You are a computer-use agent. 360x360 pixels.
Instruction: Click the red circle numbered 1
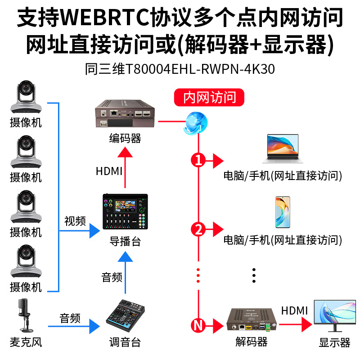[198, 160]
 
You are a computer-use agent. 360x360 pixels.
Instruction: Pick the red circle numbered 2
[198, 229]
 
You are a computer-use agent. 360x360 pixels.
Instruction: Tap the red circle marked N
[198, 324]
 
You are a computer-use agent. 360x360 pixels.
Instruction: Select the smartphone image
[283, 212]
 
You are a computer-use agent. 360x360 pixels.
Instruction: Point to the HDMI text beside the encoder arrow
[109, 171]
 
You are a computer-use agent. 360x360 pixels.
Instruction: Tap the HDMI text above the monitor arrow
[294, 310]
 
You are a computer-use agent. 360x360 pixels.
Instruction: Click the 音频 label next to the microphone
[70, 319]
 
